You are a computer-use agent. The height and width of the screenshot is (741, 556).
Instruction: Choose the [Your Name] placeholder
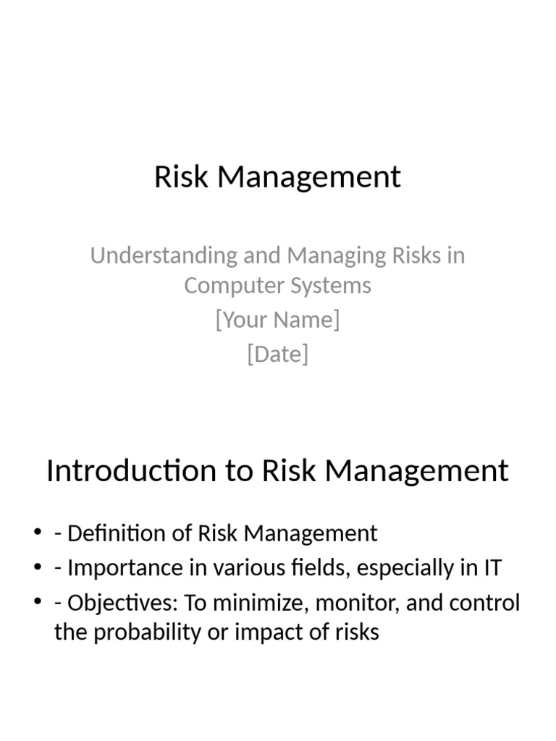click(277, 320)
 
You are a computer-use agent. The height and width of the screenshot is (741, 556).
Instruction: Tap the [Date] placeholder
click(277, 355)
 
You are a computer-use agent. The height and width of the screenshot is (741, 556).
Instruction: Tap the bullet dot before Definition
click(38, 534)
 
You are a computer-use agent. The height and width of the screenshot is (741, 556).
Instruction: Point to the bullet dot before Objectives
click(38, 603)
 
